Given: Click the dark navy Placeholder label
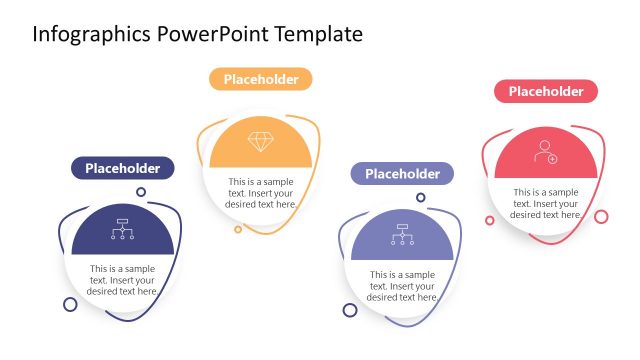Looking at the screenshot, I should click(122, 168).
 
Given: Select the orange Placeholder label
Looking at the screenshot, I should click(260, 79).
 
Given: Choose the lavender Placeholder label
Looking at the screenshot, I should click(402, 174).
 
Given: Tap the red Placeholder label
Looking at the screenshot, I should click(546, 91).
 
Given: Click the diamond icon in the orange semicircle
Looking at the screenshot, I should click(260, 142).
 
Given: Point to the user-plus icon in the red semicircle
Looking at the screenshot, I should click(545, 152).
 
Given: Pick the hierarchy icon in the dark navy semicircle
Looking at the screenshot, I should click(123, 229).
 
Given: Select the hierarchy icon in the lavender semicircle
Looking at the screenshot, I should click(402, 233).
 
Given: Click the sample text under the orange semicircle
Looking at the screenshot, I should click(261, 192).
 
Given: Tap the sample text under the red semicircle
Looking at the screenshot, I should click(546, 203).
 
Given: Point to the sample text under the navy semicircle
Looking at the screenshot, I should click(122, 280).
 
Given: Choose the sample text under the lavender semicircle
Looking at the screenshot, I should click(402, 286).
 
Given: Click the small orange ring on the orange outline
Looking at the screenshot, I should click(238, 229).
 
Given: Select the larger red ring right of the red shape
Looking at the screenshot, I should click(601, 216).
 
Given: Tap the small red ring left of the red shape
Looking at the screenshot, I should click(489, 220).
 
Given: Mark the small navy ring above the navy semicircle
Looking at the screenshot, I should click(141, 192).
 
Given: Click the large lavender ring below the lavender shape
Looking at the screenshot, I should click(350, 310).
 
